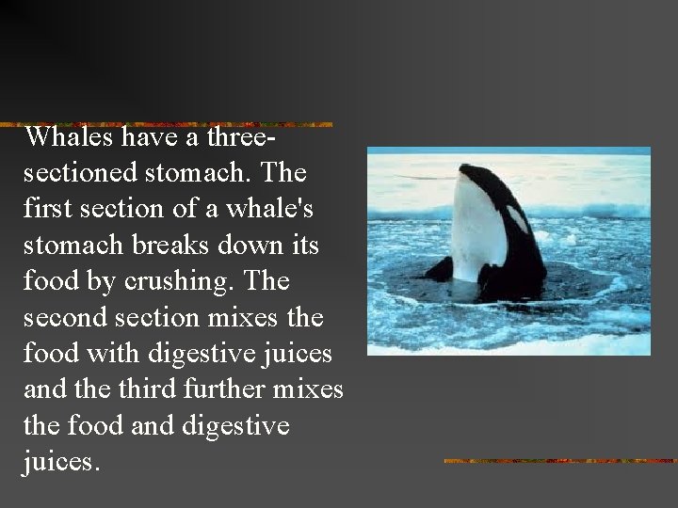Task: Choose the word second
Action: coord(64,318)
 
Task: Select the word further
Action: coord(227,389)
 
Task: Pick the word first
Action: coord(50,210)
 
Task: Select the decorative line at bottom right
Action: coord(559,461)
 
